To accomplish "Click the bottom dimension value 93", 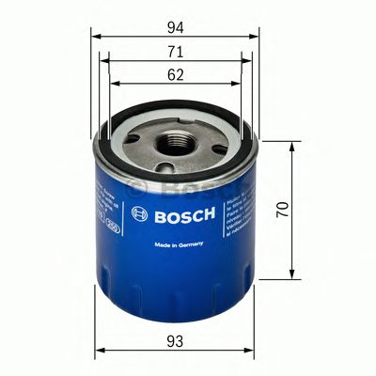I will pyautogui.click(x=176, y=339).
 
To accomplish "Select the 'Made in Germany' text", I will pyautogui.click(x=177, y=246).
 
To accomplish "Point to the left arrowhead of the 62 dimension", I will pyautogui.click(x=114, y=83).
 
